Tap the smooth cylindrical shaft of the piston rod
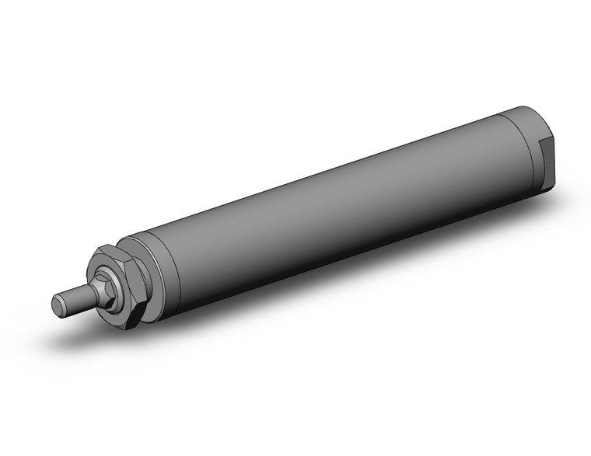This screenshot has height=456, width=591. (x=76, y=298)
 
